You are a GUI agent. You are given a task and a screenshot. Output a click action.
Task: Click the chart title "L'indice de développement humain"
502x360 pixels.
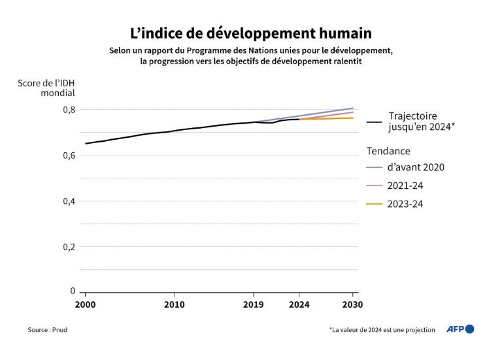(251, 32)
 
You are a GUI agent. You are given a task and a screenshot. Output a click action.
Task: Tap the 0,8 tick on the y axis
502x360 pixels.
(68, 110)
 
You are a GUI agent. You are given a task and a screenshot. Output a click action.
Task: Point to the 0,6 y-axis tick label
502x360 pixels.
(68, 155)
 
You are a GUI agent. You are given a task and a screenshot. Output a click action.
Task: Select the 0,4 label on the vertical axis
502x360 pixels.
(68, 201)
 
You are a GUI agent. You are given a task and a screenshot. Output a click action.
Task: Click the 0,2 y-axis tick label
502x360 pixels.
(68, 247)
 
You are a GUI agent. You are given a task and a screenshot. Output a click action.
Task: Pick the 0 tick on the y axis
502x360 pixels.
(73, 291)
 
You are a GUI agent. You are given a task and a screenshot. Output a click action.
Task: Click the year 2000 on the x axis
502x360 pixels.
(85, 304)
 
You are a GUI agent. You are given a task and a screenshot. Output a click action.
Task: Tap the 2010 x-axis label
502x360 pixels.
(174, 304)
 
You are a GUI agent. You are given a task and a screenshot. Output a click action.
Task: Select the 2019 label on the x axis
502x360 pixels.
(254, 304)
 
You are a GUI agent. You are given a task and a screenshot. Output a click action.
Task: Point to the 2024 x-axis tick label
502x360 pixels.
(299, 304)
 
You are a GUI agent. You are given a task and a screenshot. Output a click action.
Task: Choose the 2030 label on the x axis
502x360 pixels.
(352, 304)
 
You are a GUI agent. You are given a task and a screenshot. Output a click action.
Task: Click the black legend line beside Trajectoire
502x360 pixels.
(375, 122)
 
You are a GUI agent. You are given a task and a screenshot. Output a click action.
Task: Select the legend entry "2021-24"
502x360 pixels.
(406, 186)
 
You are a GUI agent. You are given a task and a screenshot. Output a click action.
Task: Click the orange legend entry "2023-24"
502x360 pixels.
(406, 204)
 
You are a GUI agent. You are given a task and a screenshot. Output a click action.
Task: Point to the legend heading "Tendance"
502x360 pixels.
(388, 151)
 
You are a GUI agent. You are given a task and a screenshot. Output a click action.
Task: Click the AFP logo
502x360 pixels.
(460, 329)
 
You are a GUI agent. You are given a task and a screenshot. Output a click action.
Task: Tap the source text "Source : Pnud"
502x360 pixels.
(47, 330)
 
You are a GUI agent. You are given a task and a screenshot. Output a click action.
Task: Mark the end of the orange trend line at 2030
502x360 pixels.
(353, 118)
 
